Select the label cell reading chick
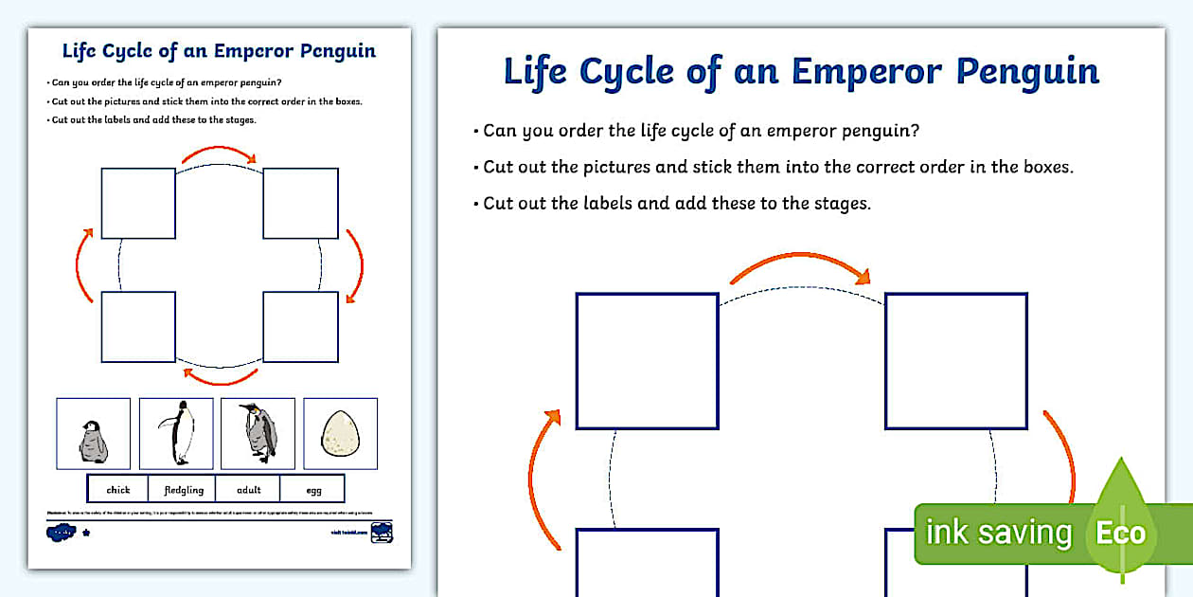tap(118, 489)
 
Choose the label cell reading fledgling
tap(182, 489)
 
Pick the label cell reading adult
tap(247, 489)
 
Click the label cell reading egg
tap(313, 489)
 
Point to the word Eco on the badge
tap(1120, 533)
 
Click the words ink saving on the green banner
tap(998, 533)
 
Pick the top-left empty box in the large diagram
tap(647, 361)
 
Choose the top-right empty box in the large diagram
tap(955, 361)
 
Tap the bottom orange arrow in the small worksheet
tap(220, 378)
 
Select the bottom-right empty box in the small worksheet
tap(300, 327)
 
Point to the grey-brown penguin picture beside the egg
tap(258, 433)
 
